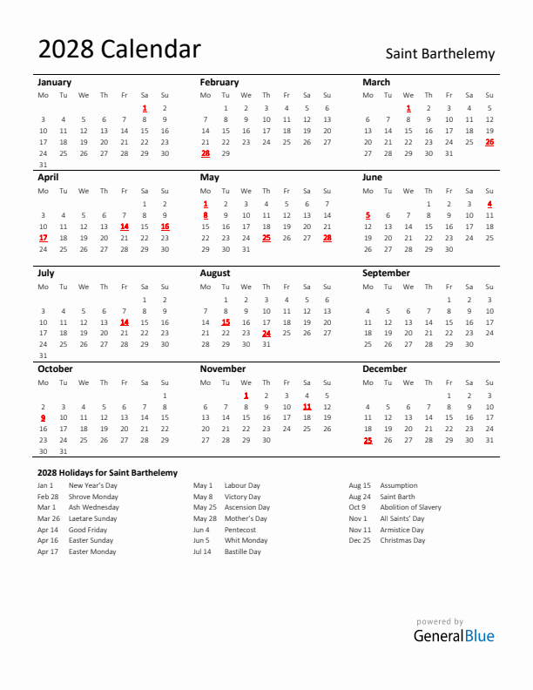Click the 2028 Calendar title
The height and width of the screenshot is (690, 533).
point(119,50)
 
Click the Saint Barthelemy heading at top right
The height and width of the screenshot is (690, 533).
point(440,54)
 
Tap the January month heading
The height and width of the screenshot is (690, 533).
point(54,82)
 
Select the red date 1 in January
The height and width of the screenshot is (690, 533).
point(145,108)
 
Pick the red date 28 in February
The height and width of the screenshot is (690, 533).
point(206,153)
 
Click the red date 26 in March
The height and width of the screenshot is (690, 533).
point(489,142)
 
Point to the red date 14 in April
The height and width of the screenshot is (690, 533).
point(125,227)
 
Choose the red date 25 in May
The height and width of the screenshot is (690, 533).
point(266,237)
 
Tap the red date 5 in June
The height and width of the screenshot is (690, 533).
point(368,214)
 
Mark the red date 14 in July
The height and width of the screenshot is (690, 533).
point(125,322)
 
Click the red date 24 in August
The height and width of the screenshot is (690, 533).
point(266,333)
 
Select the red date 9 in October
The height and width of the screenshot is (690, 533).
point(43,417)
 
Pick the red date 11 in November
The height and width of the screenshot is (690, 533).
point(307,407)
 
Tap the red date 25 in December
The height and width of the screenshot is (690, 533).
point(368,440)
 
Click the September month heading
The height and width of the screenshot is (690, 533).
point(386,273)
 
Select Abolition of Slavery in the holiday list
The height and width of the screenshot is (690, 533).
point(410,507)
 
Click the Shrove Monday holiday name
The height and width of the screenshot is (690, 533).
point(93,497)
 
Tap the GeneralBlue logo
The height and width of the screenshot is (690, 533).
point(453,636)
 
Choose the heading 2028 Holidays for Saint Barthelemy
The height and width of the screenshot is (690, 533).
point(107,472)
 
